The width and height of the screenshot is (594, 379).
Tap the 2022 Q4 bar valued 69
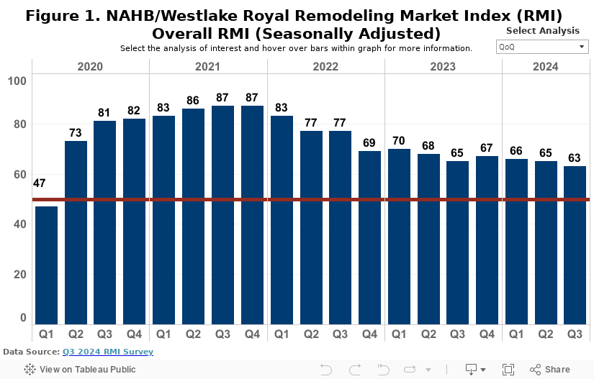pyautogui.click(x=369, y=237)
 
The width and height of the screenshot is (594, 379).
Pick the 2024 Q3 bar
pyautogui.click(x=575, y=245)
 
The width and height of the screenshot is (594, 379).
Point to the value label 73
pyautogui.click(x=76, y=134)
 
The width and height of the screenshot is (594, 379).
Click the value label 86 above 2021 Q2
pyautogui.click(x=193, y=101)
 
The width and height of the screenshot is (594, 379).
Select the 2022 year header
pyautogui.click(x=325, y=66)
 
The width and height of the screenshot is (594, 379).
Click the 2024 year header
pyautogui.click(x=545, y=66)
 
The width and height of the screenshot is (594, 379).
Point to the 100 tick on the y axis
pyautogui.click(x=17, y=80)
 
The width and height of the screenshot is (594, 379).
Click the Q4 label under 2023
pyautogui.click(x=487, y=334)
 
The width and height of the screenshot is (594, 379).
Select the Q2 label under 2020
pyautogui.click(x=76, y=334)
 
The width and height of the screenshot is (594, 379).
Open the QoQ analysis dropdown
pyautogui.click(x=542, y=47)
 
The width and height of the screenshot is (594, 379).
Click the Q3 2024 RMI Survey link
pyautogui.click(x=107, y=352)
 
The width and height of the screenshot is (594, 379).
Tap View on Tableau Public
pyautogui.click(x=80, y=370)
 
